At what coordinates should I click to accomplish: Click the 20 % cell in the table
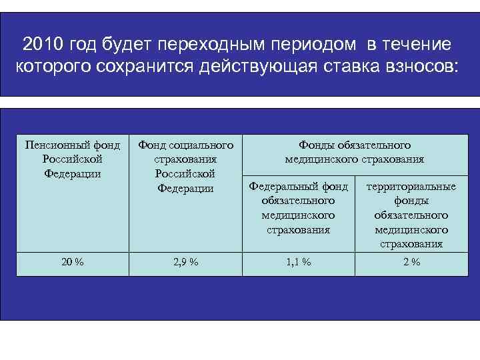(x=72, y=262)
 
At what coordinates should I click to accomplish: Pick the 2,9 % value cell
(x=185, y=262)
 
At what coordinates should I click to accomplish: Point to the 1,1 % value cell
(x=298, y=262)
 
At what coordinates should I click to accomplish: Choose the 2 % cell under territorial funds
(x=411, y=262)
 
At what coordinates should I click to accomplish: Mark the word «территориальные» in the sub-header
(x=411, y=187)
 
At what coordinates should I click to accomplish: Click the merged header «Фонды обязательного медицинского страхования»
(x=354, y=152)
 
